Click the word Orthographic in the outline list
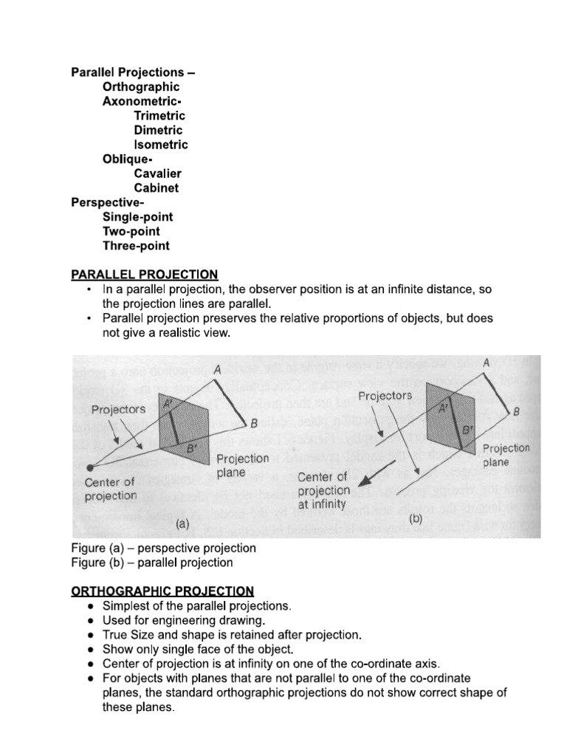tap(141, 87)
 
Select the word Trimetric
tap(159, 116)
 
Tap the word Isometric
tap(161, 145)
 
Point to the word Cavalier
tap(157, 173)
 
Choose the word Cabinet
tap(157, 188)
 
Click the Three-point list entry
tap(136, 246)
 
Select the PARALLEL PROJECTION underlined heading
tap(144, 275)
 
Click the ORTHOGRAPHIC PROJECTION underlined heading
tap(162, 591)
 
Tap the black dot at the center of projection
tap(90, 467)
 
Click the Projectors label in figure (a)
tap(118, 409)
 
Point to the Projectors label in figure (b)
tap(385, 396)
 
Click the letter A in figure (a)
tap(217, 369)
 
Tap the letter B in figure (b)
tap(516, 411)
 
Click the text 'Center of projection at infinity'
tap(323, 491)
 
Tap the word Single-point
tap(138, 217)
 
